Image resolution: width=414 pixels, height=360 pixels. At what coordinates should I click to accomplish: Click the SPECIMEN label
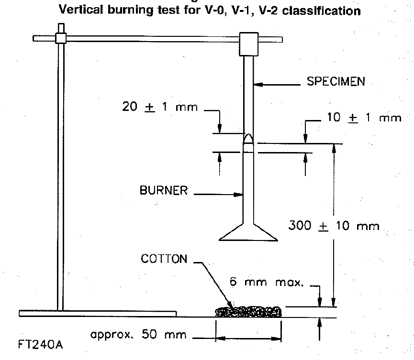pyautogui.click(x=336, y=82)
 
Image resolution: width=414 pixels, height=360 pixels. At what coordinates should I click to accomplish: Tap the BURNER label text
pyautogui.click(x=163, y=190)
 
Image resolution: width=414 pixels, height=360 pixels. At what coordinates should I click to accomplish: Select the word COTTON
pyautogui.click(x=164, y=259)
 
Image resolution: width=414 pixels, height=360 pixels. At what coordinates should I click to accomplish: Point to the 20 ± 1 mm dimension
pyautogui.click(x=159, y=107)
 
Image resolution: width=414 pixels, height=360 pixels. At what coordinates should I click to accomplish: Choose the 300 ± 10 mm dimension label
pyautogui.click(x=334, y=226)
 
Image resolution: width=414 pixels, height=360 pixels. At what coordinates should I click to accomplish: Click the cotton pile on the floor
pyautogui.click(x=249, y=312)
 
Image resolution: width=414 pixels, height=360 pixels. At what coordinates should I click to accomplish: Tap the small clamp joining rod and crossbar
pyautogui.click(x=60, y=39)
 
